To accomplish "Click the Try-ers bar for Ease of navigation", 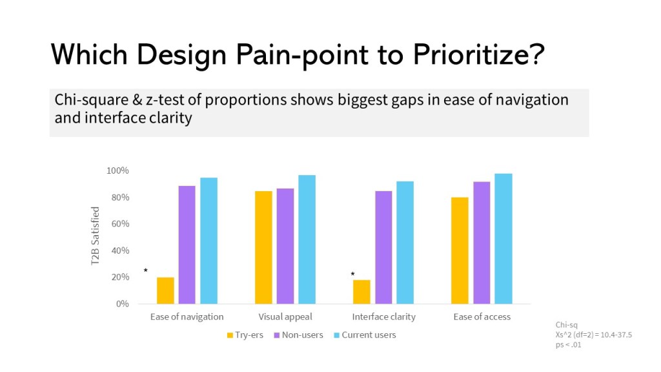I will coord(165,291).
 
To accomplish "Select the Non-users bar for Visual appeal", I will coord(285,246).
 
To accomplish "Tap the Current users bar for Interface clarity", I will coord(405,243).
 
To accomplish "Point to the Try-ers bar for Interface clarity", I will coord(361,292).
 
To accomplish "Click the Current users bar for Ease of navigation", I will coord(208,241).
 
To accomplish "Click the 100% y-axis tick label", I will coord(118,170).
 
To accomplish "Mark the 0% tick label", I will coord(122,304).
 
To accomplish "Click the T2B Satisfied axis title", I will coord(96,236).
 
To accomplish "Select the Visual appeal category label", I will coord(285,317).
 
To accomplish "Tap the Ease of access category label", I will coord(482,317).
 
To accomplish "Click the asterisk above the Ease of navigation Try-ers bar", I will coord(146,271).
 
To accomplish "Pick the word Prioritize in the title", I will coord(473,56).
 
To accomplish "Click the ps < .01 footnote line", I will coord(568,344).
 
